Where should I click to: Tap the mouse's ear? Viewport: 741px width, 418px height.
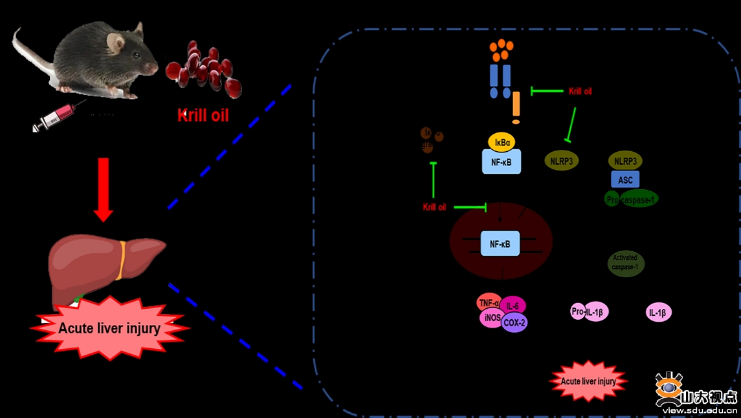point(116,43)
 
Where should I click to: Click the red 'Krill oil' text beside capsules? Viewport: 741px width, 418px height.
point(203,116)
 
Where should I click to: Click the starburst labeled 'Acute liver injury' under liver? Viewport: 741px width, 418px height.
point(109,328)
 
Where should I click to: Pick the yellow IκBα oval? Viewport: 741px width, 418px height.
point(502,141)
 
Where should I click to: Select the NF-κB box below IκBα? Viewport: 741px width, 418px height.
point(502,162)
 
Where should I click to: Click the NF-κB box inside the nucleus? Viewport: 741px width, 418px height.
point(500,244)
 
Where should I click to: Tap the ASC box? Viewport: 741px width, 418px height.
point(625,180)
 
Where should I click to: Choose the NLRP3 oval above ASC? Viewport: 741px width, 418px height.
point(625,161)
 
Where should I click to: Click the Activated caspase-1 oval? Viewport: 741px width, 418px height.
point(626,262)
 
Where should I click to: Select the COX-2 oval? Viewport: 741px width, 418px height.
point(514,321)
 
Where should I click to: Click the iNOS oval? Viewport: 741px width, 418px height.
point(490,319)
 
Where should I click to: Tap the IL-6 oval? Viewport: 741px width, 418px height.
point(513,306)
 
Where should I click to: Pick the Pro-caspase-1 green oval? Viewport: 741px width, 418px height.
point(632,199)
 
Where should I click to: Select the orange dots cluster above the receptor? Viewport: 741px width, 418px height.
point(502,48)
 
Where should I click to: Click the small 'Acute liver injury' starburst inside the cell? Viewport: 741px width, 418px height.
point(588,381)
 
